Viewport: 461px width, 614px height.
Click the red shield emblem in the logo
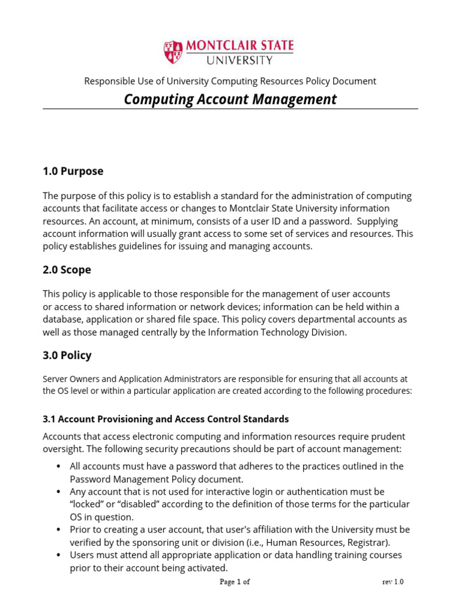click(x=173, y=52)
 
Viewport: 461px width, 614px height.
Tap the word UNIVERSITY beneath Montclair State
click(x=240, y=60)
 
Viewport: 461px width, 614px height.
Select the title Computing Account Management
click(x=230, y=100)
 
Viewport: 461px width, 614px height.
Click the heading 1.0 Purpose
click(x=73, y=171)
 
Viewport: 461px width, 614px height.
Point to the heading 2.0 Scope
click(x=67, y=270)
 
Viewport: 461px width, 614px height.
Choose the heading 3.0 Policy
click(x=67, y=355)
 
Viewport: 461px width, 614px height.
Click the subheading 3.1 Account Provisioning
click(x=166, y=419)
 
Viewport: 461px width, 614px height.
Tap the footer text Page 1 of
click(x=235, y=582)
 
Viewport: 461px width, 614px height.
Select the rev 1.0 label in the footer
click(x=393, y=582)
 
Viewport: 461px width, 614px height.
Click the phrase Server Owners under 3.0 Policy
click(x=68, y=379)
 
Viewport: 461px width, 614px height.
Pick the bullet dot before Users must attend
click(x=58, y=556)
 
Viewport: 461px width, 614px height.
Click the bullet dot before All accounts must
click(x=58, y=466)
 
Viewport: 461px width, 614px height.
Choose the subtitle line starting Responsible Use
click(x=230, y=81)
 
